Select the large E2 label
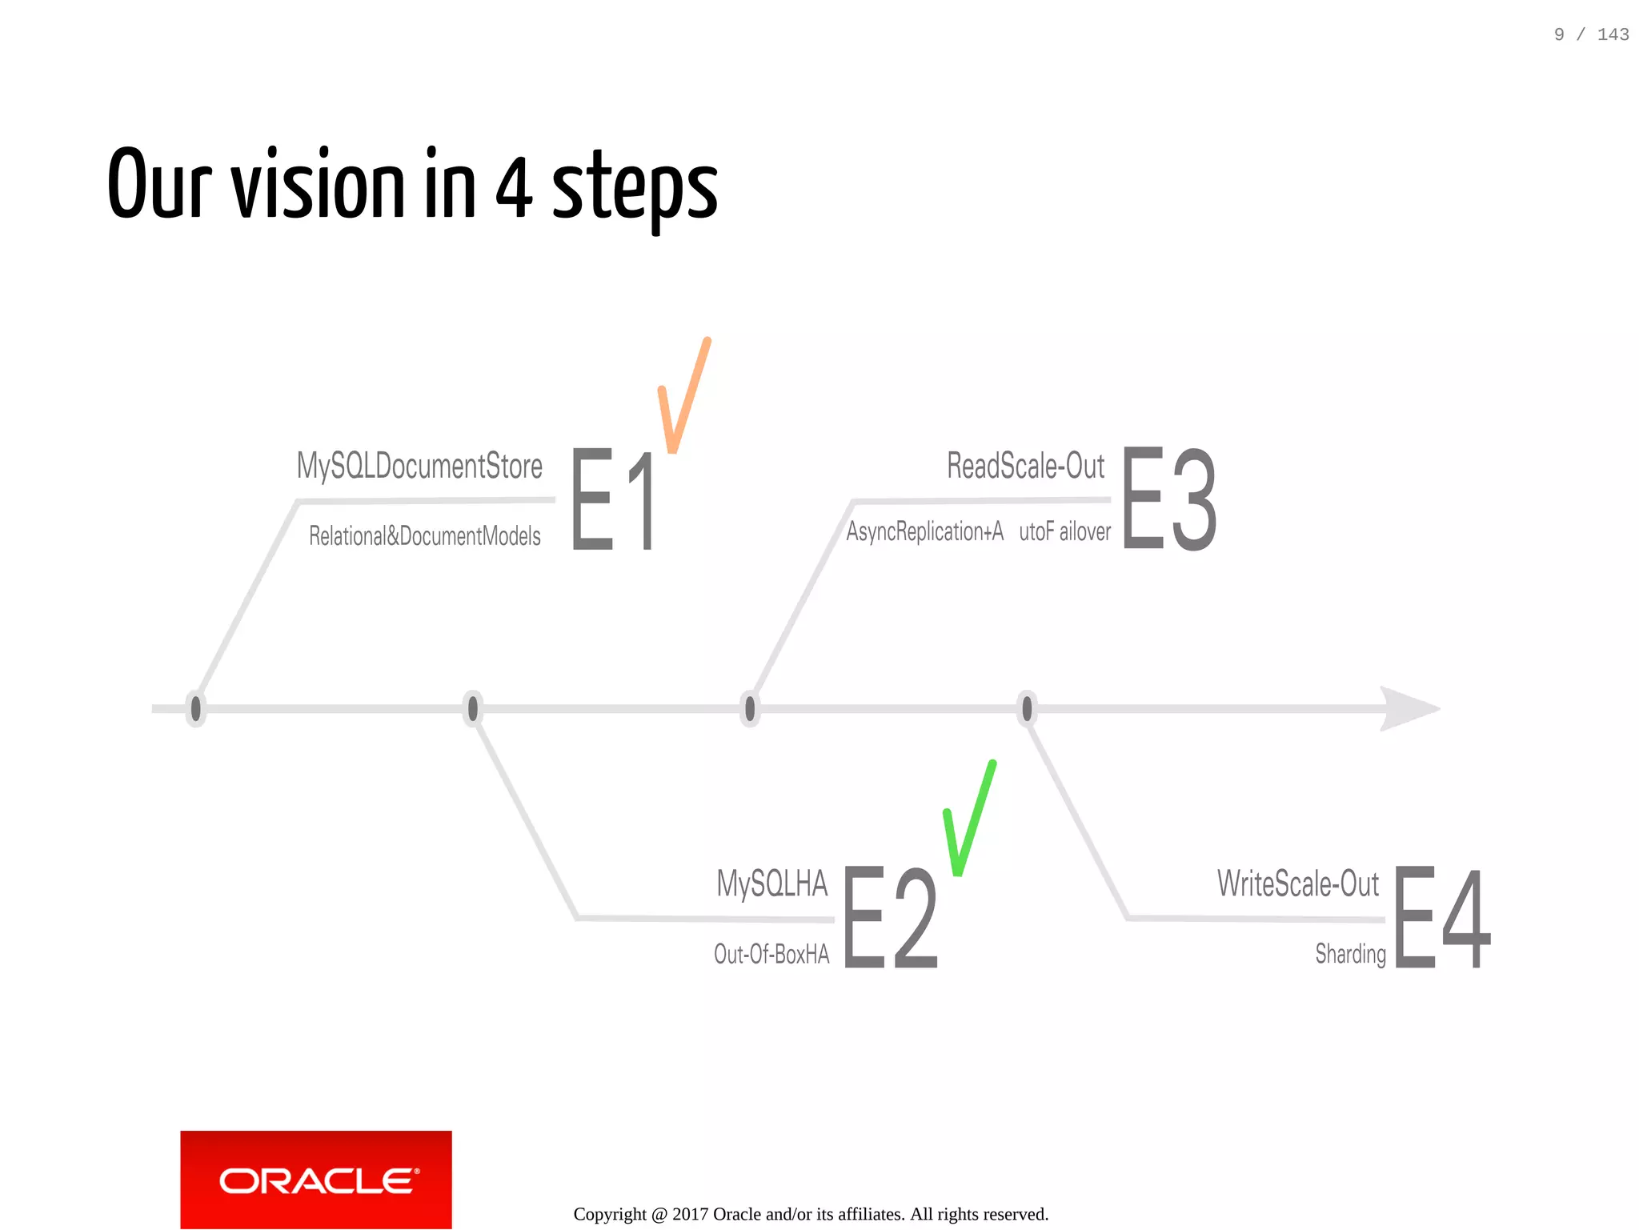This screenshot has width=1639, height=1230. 890,917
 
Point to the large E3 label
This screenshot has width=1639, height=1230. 1169,499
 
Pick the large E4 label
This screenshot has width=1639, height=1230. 1441,917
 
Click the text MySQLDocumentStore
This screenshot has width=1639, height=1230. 419,467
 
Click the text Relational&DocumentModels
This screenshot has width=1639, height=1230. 424,536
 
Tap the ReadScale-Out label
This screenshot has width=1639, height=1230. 1025,466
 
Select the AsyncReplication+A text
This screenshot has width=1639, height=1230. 924,531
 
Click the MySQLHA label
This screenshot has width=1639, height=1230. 771,883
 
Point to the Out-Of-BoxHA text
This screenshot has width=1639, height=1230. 771,954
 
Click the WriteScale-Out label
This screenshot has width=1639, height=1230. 1297,883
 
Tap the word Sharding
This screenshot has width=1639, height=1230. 1350,954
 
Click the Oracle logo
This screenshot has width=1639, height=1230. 316,1180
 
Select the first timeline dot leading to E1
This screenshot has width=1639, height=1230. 195,708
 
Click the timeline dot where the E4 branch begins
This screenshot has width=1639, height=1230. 1027,708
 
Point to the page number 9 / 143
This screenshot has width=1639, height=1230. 1590,34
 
